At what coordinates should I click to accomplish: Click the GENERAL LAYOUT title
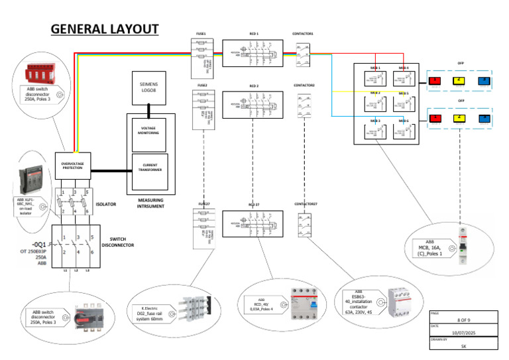coord(105,29)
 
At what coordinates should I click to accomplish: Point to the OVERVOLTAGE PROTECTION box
coord(74,166)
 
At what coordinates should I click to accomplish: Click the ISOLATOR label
coord(106,204)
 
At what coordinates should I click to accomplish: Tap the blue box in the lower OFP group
coord(484,119)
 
